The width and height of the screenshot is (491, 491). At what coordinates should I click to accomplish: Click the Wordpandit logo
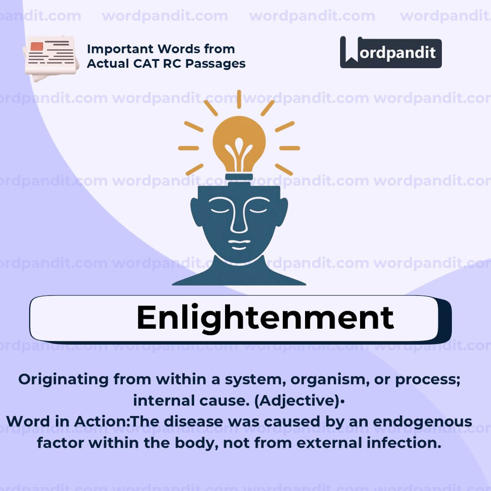coord(391,52)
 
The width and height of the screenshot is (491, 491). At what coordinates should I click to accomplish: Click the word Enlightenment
coord(265,318)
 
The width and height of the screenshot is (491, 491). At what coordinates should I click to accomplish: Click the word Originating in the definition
coord(64,380)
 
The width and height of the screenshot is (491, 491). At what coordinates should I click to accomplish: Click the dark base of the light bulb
coord(239,176)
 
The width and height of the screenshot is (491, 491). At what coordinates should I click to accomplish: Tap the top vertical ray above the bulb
coord(239,99)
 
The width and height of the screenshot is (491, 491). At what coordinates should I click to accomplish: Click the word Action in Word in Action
coord(106,421)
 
